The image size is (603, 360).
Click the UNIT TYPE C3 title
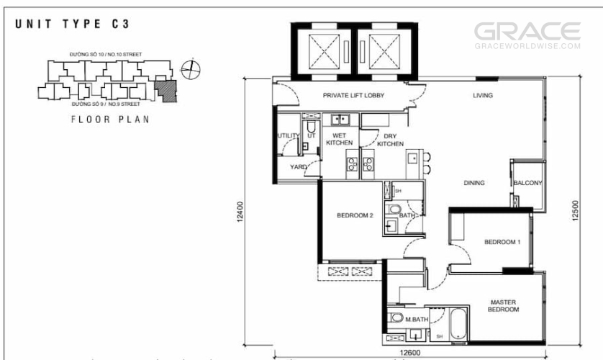tap(72, 24)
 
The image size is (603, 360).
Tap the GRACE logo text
tap(527, 32)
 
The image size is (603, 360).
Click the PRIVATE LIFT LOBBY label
tap(353, 96)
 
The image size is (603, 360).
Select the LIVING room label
tap(482, 96)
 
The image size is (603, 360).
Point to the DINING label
tap(473, 183)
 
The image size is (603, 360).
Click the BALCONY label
tap(527, 183)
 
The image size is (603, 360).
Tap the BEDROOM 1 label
tap(502, 243)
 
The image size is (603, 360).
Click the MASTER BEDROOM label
tap(504, 305)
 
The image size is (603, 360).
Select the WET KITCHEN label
tap(339, 138)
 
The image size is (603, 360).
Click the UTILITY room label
tap(289, 136)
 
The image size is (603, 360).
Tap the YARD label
tap(298, 167)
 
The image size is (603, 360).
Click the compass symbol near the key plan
tap(191, 69)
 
